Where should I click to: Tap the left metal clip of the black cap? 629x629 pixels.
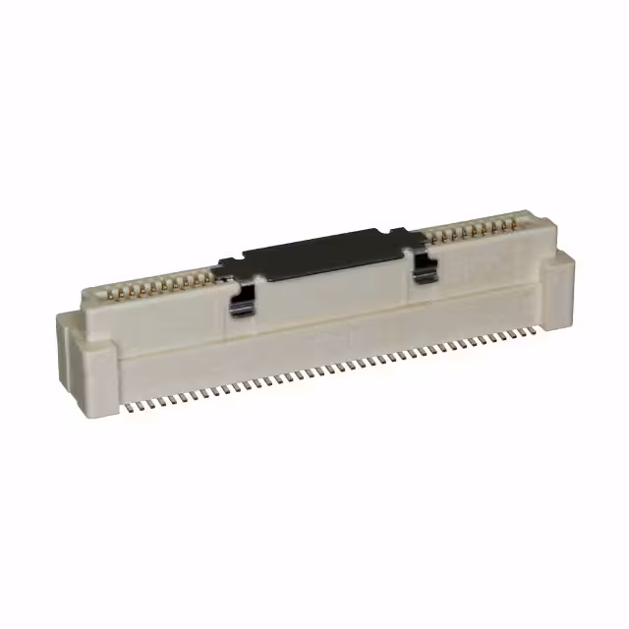tap(242, 299)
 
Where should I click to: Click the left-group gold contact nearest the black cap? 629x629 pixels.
tap(214, 276)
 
